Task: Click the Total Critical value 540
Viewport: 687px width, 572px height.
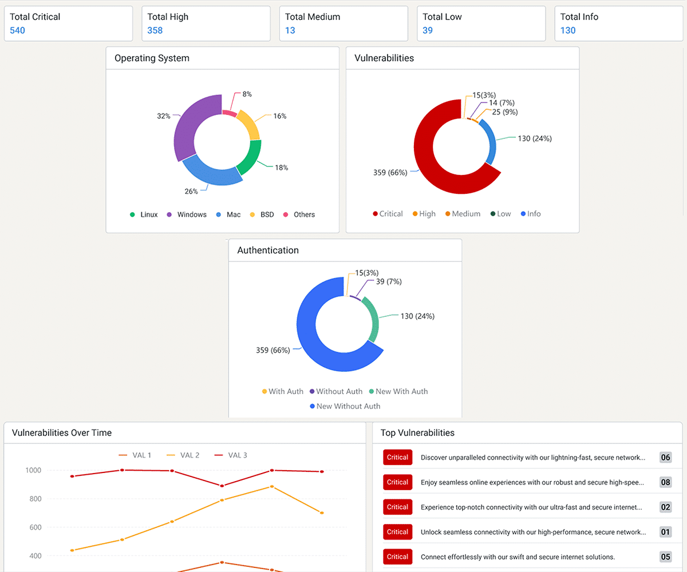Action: point(18,30)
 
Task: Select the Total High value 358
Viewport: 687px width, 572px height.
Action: point(155,30)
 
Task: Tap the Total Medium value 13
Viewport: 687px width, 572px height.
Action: point(290,30)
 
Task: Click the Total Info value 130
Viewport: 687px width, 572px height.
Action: point(568,30)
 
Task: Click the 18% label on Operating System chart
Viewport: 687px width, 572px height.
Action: point(281,168)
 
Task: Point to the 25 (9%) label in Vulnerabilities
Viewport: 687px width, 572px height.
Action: point(505,112)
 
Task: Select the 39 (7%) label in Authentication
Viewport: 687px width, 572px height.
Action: point(389,281)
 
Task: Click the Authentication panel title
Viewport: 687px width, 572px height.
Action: point(268,251)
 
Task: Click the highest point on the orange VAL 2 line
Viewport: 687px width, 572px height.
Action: point(272,487)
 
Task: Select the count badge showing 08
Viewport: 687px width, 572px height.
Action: point(665,482)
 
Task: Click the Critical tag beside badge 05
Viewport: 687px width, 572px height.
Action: point(397,557)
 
